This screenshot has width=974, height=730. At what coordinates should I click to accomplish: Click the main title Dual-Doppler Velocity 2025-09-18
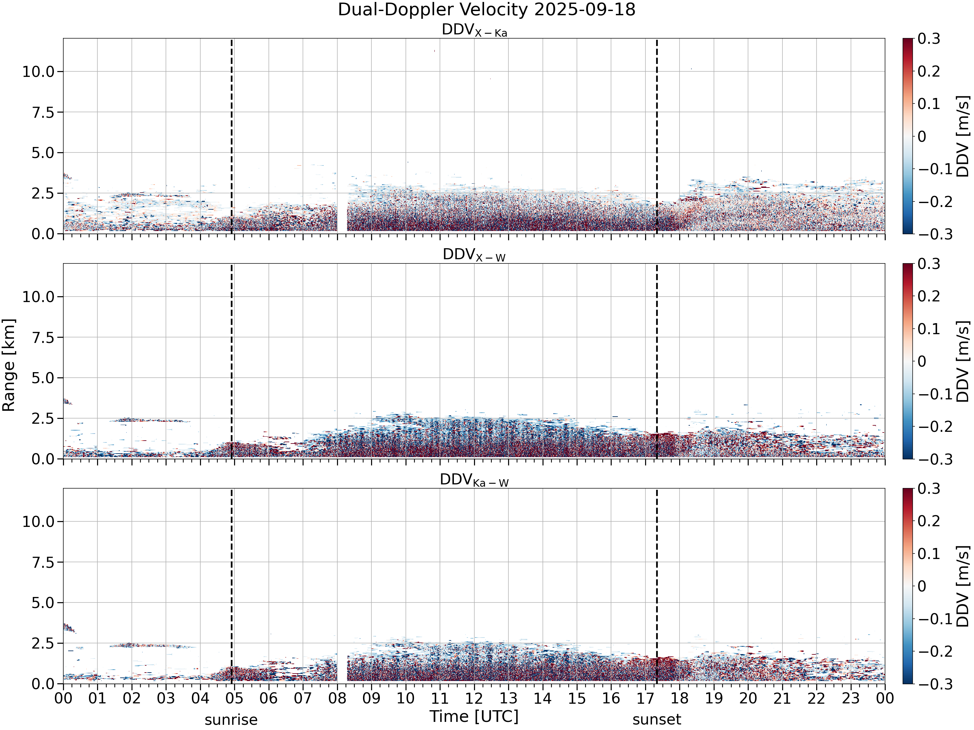487,10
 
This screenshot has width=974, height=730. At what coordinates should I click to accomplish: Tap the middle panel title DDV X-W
474,255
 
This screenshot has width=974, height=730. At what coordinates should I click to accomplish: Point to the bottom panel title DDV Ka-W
474,480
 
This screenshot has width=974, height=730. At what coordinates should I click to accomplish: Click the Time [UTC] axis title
474,716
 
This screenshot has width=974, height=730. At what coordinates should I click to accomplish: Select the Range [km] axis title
9,365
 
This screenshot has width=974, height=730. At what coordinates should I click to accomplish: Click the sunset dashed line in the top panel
656,136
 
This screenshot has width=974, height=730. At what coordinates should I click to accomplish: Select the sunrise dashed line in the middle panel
231,361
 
